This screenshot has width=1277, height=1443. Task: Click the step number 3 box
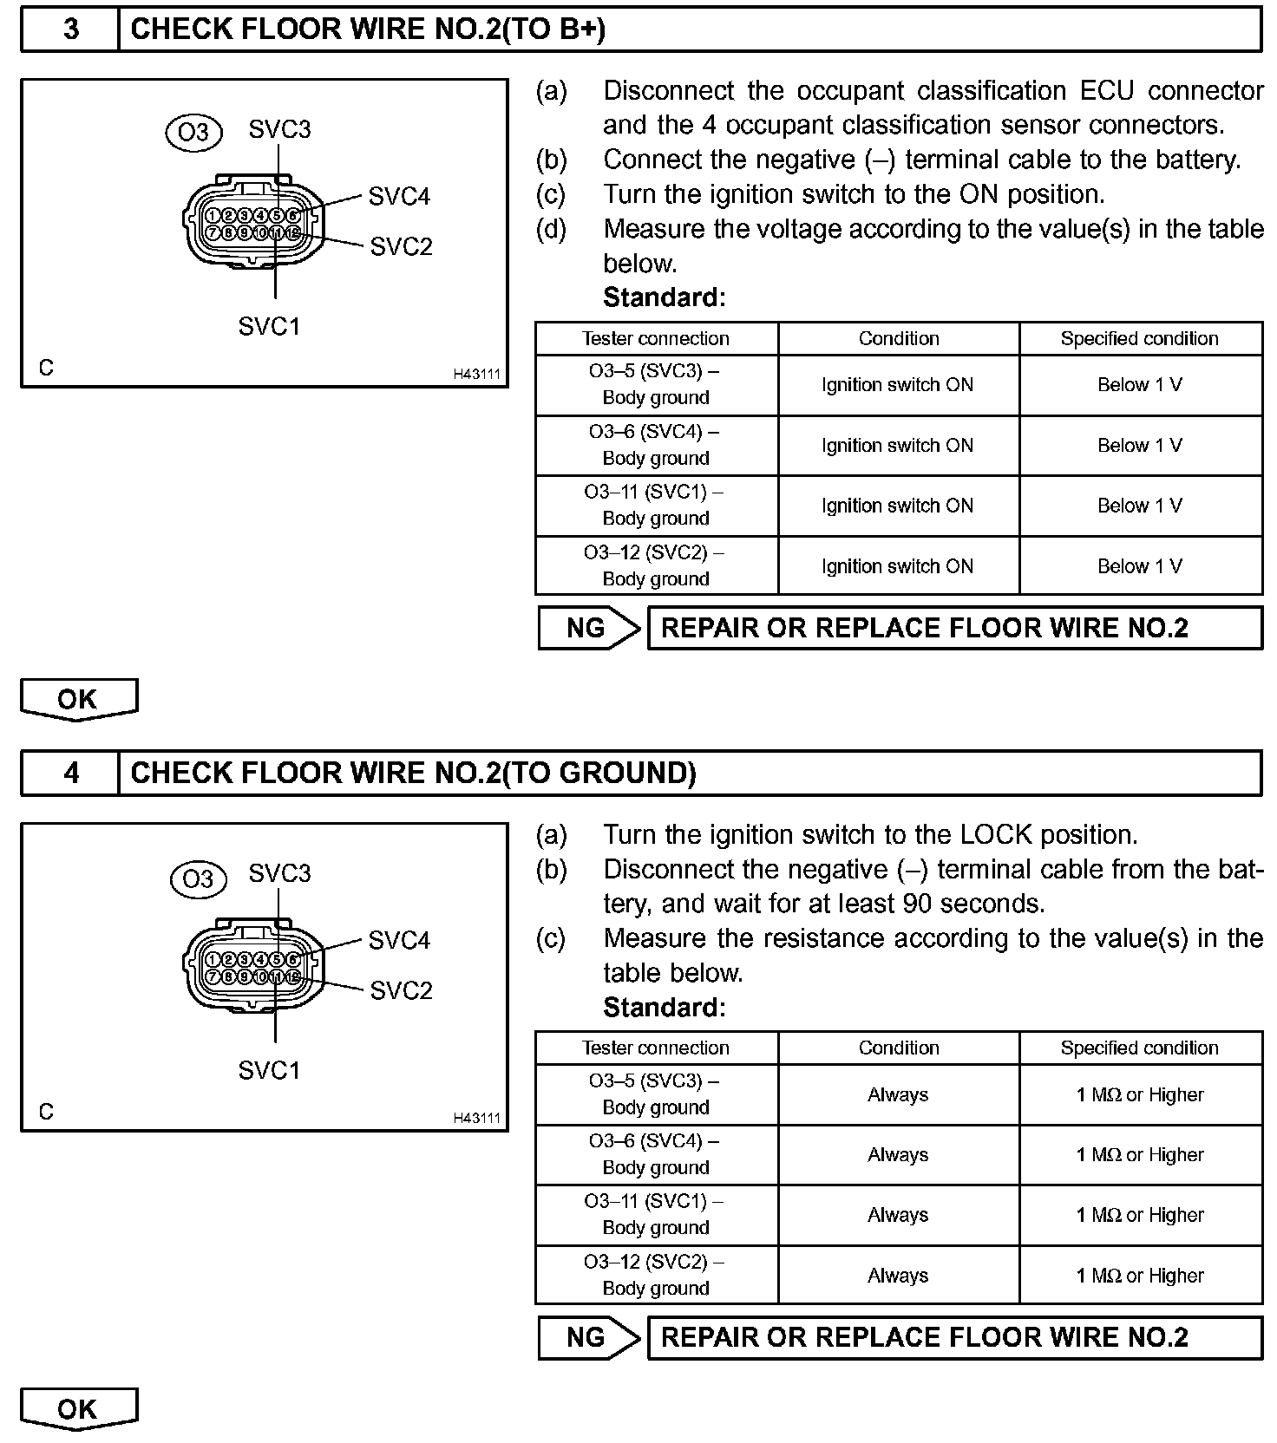pos(70,29)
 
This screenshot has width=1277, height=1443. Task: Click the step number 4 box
pos(70,773)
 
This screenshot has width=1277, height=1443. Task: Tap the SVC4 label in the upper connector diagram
pos(399,197)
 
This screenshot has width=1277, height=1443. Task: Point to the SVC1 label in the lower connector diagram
pos(269,1070)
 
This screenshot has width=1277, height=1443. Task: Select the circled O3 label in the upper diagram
pos(193,132)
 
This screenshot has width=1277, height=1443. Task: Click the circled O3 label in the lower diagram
pos(199,879)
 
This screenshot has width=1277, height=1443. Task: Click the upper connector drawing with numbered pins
pos(252,224)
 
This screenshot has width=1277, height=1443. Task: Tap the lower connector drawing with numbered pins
pos(252,968)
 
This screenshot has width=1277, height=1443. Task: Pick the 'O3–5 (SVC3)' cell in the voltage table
pos(656,384)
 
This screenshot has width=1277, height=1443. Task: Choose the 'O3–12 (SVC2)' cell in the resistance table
pos(656,1275)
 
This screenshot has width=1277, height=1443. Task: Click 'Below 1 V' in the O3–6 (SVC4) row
pos(1140,445)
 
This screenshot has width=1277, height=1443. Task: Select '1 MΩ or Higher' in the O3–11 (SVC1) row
pos(1140,1215)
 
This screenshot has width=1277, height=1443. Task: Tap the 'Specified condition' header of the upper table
pos(1139,338)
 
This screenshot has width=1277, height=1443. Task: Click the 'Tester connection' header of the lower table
pos(656,1048)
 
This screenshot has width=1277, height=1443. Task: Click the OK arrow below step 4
pos(78,1409)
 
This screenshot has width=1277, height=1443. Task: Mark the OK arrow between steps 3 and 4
pos(78,699)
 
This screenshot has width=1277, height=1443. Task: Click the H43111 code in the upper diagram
pos(476,375)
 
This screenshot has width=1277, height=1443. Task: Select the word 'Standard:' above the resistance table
pos(665,1007)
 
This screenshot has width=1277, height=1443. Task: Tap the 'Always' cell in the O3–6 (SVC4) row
pos(898,1154)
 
